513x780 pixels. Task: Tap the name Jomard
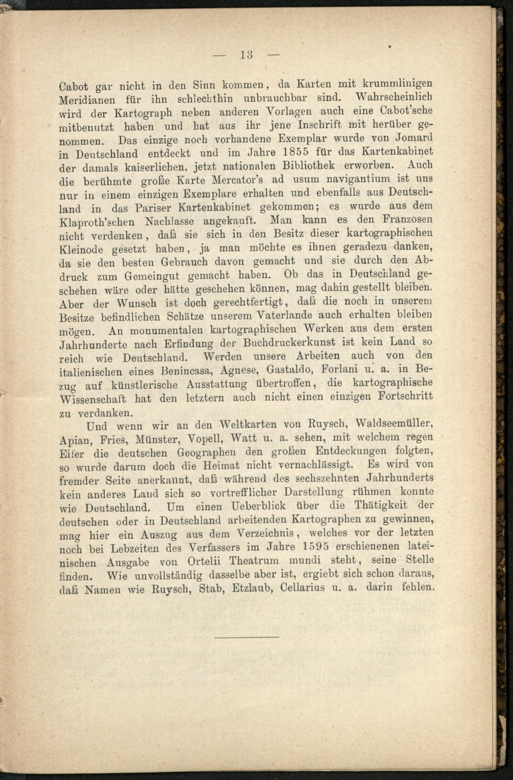(x=414, y=138)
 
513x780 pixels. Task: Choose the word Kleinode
(x=82, y=250)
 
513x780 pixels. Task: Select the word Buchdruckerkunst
(x=288, y=343)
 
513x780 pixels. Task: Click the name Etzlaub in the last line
(x=251, y=587)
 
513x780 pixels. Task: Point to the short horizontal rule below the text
(x=246, y=637)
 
